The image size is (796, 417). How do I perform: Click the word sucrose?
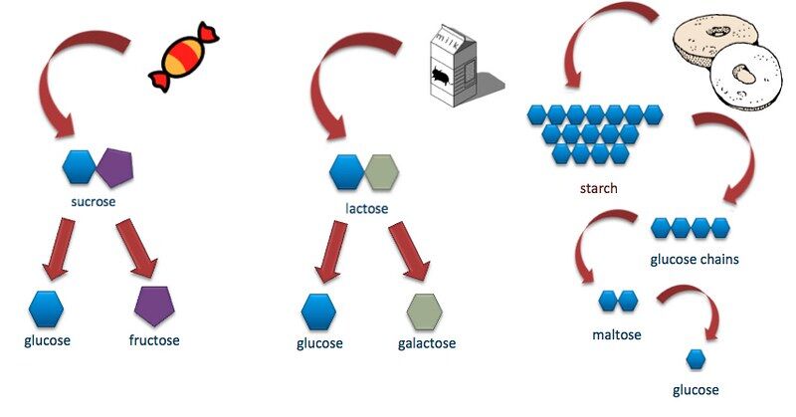pyautogui.click(x=95, y=202)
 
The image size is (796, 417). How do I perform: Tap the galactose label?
pyautogui.click(x=421, y=343)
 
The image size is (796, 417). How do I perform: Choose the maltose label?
pyautogui.click(x=616, y=334)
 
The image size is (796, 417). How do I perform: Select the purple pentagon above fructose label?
pyautogui.click(x=154, y=307)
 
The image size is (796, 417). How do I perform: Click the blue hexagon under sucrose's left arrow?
pyautogui.click(x=46, y=309)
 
